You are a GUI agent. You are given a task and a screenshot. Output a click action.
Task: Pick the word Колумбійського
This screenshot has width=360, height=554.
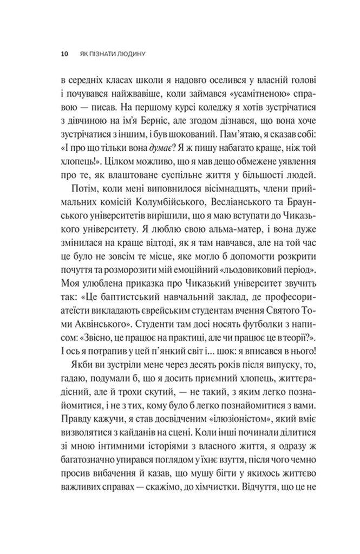click(x=158, y=205)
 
